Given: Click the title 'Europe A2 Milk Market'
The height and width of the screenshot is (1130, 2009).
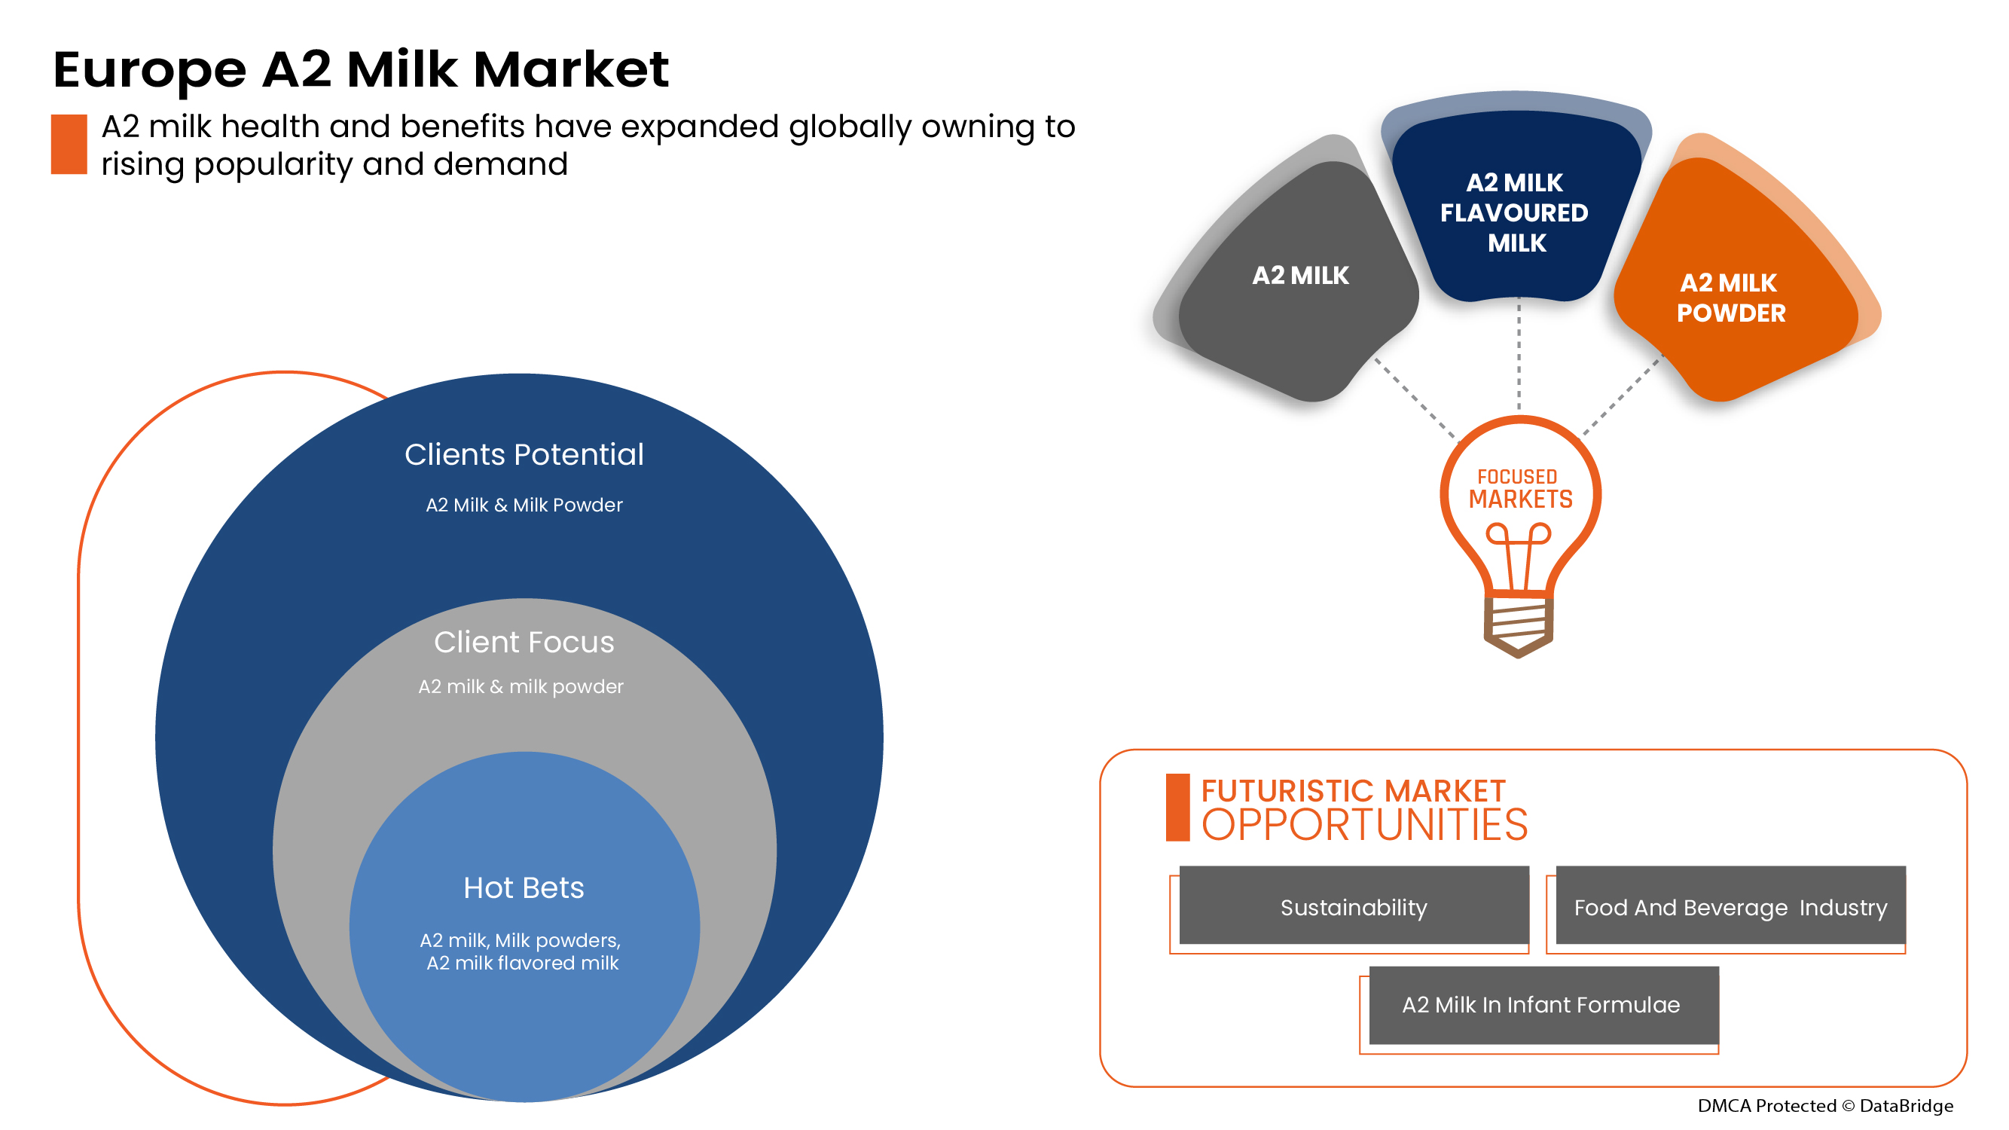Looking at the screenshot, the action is (x=360, y=70).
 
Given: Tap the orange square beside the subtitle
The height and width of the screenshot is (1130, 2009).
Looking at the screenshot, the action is (x=69, y=145).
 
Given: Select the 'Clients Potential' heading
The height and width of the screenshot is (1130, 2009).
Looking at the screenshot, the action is (x=524, y=455).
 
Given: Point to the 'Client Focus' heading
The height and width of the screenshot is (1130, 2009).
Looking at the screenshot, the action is (x=524, y=643).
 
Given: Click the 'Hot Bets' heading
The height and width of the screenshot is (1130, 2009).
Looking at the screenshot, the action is (x=524, y=888).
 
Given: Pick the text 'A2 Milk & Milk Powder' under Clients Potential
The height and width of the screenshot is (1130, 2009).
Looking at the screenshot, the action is (x=524, y=505).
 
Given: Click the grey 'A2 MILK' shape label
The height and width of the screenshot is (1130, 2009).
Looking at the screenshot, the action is (x=1300, y=276).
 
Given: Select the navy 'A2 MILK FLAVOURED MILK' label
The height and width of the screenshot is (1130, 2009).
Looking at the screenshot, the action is (x=1515, y=213).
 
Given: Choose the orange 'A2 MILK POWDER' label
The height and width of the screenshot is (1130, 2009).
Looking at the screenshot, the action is (x=1730, y=298).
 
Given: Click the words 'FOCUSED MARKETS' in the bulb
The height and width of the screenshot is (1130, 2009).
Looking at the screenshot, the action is (x=1520, y=489).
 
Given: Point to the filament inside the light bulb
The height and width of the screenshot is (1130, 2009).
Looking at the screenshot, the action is (x=1519, y=555).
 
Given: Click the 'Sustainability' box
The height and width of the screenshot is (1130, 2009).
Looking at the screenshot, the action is (x=1354, y=906).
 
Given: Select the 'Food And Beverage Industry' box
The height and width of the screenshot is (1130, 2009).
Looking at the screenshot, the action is (x=1730, y=906).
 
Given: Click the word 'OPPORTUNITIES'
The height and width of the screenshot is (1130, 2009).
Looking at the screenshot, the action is (x=1365, y=825).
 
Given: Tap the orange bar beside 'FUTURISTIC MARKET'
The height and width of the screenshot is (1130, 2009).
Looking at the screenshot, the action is (x=1177, y=808).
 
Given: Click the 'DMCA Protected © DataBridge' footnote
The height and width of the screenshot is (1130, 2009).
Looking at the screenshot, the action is (x=1826, y=1107).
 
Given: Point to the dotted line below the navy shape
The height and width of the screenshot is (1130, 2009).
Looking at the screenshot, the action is (x=1519, y=355).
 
